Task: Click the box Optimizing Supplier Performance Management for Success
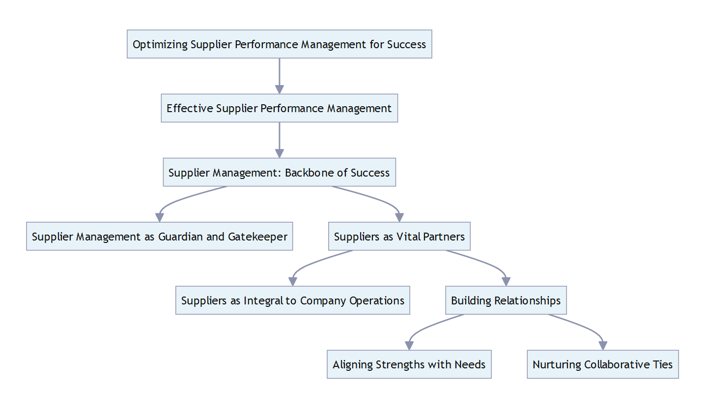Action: (279, 44)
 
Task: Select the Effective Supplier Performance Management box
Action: (279, 108)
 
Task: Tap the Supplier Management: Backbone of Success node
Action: (279, 173)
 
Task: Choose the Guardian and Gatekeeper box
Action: (159, 237)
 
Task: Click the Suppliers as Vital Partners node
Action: (399, 237)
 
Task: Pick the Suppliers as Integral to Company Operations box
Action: (292, 300)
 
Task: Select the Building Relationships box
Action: (506, 300)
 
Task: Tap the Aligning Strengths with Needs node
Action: (409, 364)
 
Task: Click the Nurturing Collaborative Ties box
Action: (602, 364)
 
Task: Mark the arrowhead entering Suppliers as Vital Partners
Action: (399, 217)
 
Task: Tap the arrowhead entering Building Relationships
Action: (506, 281)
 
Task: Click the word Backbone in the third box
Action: (309, 173)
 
